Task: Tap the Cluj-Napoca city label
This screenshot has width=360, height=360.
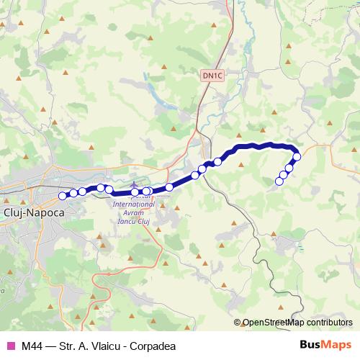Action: click(x=34, y=214)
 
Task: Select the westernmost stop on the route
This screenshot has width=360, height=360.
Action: click(x=62, y=195)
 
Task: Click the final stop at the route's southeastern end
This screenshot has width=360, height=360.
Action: click(x=279, y=181)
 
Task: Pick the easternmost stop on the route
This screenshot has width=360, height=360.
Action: click(x=297, y=157)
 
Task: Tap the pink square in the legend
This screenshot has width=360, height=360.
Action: click(x=10, y=346)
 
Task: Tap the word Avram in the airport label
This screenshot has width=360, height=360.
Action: click(x=125, y=212)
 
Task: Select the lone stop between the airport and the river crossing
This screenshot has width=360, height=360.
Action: click(x=169, y=187)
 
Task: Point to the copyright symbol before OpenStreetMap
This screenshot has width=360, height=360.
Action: click(x=237, y=323)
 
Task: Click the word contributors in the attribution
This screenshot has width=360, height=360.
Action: click(x=328, y=323)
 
